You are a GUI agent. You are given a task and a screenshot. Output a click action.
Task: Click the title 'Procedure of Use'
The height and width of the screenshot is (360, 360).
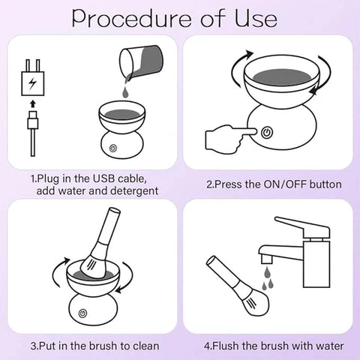(180, 18)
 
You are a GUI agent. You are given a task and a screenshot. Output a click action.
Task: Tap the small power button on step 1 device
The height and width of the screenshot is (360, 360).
(113, 149)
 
